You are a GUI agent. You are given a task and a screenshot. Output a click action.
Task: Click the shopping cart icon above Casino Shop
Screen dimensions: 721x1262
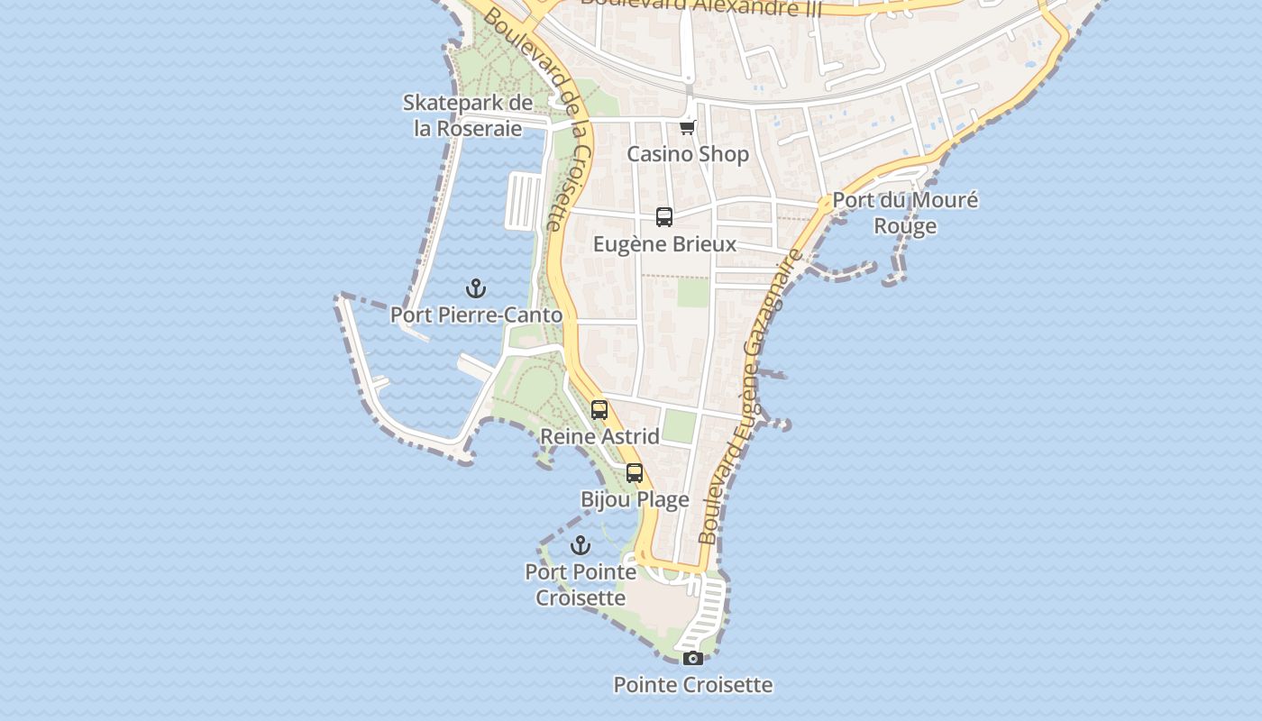click(x=688, y=127)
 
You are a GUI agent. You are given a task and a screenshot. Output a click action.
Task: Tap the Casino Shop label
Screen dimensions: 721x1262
click(x=688, y=154)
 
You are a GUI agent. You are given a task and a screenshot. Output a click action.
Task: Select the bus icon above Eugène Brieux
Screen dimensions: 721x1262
click(x=664, y=217)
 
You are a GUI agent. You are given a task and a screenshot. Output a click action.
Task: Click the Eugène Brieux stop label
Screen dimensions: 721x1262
click(x=664, y=244)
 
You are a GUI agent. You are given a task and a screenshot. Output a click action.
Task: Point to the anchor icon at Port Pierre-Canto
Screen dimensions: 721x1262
click(x=476, y=288)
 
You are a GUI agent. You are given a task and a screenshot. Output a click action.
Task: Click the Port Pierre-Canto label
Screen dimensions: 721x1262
click(x=476, y=315)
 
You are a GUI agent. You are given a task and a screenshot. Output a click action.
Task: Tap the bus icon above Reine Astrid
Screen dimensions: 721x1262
click(x=599, y=410)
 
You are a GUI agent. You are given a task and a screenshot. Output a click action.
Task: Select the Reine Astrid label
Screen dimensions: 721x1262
click(x=599, y=437)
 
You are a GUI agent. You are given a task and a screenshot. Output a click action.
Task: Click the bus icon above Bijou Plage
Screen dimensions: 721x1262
click(x=635, y=473)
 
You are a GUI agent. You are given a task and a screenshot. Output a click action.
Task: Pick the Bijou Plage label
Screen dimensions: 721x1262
click(x=635, y=500)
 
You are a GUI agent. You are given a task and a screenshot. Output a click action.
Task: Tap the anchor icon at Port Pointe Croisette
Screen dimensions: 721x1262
click(x=581, y=545)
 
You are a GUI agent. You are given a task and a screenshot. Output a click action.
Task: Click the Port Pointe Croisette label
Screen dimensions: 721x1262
click(x=581, y=584)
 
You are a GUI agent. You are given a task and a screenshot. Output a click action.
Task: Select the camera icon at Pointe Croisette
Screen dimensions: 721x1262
click(x=692, y=658)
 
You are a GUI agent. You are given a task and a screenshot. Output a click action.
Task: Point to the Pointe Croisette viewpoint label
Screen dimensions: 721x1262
click(x=692, y=685)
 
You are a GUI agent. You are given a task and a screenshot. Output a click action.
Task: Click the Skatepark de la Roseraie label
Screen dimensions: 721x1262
click(x=468, y=115)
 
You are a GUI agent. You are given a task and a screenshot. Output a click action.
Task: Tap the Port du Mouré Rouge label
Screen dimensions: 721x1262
click(x=905, y=213)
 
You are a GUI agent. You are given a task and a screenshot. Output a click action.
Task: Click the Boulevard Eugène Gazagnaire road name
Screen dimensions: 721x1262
click(x=751, y=397)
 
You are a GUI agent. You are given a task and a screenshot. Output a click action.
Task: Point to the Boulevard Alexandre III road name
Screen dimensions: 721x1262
click(x=690, y=7)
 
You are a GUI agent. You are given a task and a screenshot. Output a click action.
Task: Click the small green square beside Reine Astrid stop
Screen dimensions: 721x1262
click(x=679, y=426)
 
